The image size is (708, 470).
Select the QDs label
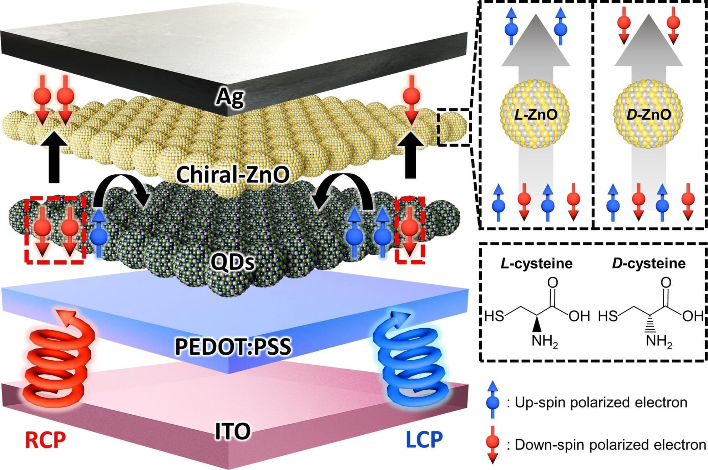click(232, 262)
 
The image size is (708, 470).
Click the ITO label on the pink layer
click(233, 431)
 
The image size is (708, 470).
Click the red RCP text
click(45, 439)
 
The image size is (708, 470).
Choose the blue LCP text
click(424, 439)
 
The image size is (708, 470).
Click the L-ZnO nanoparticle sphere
click(534, 114)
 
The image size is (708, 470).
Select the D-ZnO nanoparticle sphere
click(648, 114)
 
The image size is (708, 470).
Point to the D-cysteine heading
click(649, 264)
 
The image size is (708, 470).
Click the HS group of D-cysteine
click(608, 316)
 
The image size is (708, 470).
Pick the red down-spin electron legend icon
click(492, 445)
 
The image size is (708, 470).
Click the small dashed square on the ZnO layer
click(454, 127)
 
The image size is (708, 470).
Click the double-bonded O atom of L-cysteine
click(552, 282)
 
